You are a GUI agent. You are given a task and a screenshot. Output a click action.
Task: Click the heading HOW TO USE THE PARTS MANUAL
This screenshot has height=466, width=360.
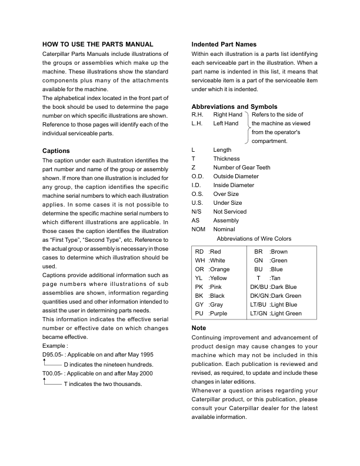click(x=98, y=44)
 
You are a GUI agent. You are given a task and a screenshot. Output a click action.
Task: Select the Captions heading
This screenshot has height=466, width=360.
click(x=56, y=151)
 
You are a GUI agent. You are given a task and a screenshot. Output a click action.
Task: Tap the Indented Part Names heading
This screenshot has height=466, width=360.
click(x=224, y=44)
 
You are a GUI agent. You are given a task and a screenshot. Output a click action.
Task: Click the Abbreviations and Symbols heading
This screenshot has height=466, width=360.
click(x=235, y=106)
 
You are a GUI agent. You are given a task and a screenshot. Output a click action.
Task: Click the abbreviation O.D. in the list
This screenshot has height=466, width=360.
click(x=198, y=176)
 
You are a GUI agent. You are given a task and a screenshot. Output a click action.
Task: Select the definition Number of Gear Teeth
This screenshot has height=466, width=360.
click(x=241, y=167)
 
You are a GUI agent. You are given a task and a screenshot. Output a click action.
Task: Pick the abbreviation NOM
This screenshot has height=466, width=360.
click(x=199, y=229)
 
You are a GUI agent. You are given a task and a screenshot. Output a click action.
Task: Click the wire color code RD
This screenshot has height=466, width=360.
click(x=199, y=251)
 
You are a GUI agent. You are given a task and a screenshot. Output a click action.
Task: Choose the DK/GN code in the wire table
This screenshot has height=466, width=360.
click(x=259, y=296)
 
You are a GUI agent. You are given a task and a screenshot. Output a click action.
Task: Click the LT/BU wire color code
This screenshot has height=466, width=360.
click(x=259, y=305)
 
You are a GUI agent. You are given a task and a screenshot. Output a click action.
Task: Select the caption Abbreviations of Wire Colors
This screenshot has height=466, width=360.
click(x=254, y=238)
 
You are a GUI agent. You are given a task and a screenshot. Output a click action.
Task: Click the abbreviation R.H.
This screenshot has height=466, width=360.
click(x=198, y=115)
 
